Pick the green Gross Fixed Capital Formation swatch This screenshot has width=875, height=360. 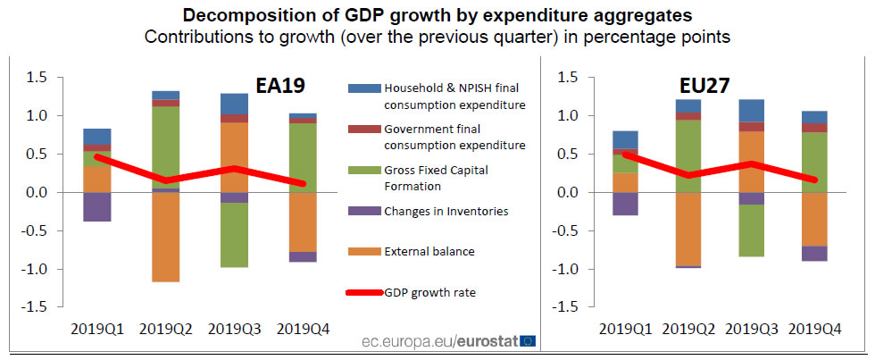pos(362,170)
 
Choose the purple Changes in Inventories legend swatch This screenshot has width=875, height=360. pos(362,211)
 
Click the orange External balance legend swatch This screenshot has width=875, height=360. pos(362,251)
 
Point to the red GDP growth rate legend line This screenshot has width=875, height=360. pos(362,292)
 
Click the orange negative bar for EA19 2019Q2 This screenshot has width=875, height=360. pos(165,237)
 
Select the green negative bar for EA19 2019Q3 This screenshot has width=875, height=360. pos(234,235)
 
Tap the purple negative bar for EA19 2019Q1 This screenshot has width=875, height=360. pos(96,206)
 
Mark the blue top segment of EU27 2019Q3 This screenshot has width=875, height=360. pos(751,110)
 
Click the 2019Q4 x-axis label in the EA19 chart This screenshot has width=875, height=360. pos(303,329)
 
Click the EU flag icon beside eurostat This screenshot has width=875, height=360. pos(529,340)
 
